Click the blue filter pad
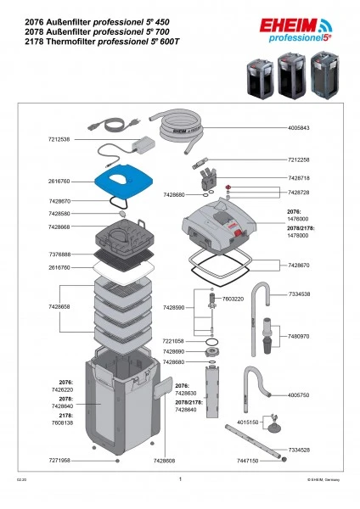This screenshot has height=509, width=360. pos(126,181)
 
